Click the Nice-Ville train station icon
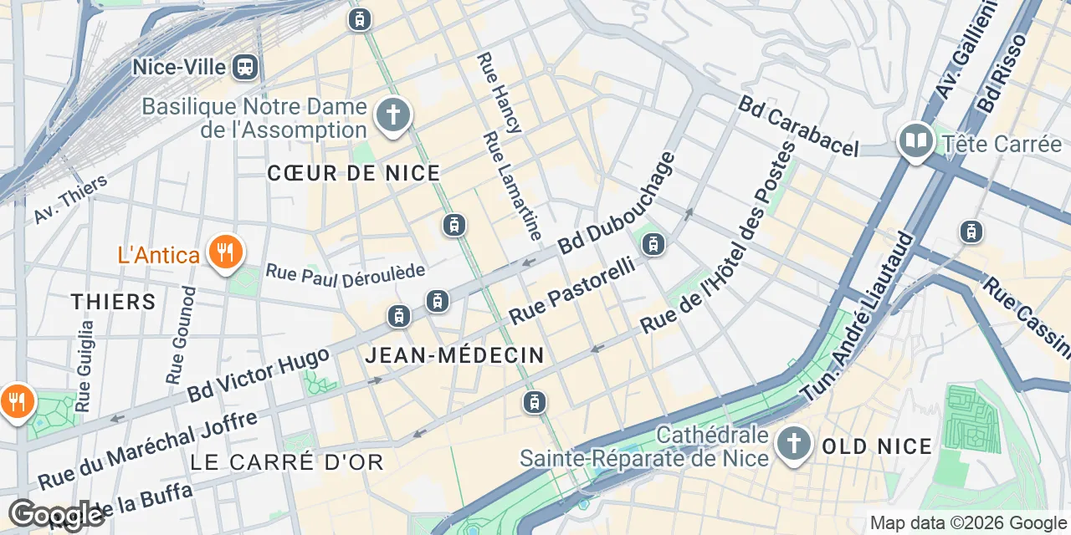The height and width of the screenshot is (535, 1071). pos(246,66)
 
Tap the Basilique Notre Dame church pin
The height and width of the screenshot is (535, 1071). pos(392,115)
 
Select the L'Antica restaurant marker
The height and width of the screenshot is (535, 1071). pos(224,252)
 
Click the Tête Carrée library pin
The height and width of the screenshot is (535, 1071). pos(916,141)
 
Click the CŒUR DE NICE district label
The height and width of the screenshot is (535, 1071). pos(353,173)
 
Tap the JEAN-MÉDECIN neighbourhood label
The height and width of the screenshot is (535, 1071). pos(454,355)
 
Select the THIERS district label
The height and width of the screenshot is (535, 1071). pos(114,302)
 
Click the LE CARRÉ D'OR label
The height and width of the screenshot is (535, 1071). pos(286,461)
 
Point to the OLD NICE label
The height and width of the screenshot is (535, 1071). pos(877,446)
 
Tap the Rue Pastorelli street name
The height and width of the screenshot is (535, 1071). pos(571,292)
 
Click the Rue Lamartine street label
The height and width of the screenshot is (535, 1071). pos(513,185)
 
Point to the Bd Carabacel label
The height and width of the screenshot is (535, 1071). pos(798,125)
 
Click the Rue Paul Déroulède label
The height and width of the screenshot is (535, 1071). pos(346,273)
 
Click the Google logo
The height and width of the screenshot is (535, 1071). pos(56,515)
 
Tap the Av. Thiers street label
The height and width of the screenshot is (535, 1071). pos(71,199)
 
